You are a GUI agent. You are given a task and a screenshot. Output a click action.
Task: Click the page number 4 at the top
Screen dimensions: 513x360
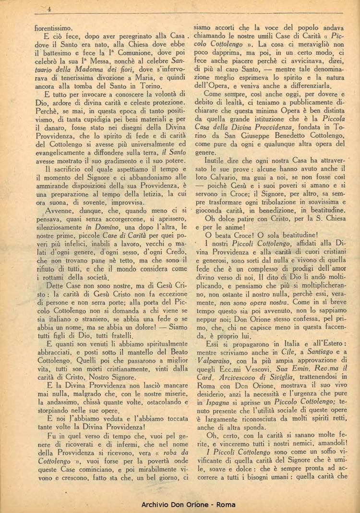(x=50, y=9)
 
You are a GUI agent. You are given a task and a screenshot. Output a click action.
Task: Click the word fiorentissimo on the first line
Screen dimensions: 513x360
(x=54, y=28)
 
